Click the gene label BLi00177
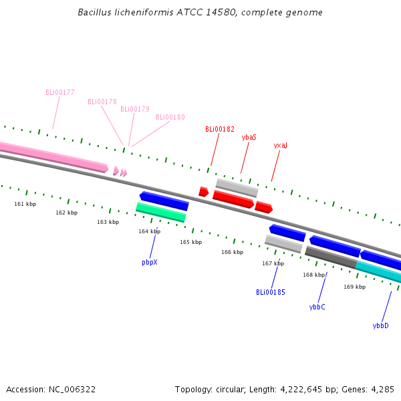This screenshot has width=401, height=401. [x=60, y=92]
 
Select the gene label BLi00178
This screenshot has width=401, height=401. [x=102, y=102]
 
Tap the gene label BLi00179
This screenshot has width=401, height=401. [x=135, y=109]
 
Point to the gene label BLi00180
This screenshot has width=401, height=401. [x=170, y=117]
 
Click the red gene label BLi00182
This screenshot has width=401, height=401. [x=220, y=129]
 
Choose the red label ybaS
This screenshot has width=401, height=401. [x=249, y=137]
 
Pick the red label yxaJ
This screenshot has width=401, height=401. [x=281, y=145]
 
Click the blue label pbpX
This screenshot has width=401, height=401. [x=150, y=262]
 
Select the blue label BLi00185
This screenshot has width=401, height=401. [x=271, y=292]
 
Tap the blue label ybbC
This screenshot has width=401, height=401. [x=317, y=307]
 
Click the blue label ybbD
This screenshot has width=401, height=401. [x=380, y=325]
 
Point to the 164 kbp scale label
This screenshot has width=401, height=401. [x=149, y=231]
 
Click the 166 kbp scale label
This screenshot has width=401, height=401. [x=232, y=252]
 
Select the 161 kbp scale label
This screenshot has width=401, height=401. [x=25, y=203]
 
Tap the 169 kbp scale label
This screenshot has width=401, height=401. [x=355, y=287]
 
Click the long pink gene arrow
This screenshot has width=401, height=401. [x=53, y=156]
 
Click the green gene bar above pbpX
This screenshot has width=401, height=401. [x=160, y=213]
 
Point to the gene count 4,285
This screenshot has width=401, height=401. [x=382, y=389]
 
